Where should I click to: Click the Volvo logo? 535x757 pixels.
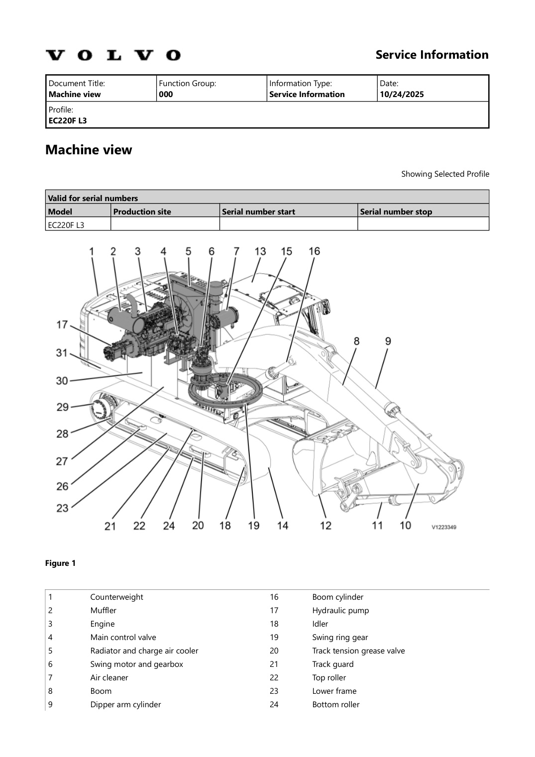coord(113,55)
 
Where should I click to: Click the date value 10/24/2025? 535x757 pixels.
coord(402,95)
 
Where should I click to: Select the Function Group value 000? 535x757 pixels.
coord(166,95)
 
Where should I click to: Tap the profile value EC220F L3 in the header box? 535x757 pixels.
coord(68,120)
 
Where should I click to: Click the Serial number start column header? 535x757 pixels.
coord(258,212)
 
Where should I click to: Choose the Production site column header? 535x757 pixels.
coord(142,212)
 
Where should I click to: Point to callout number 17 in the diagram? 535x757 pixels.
coord(62,325)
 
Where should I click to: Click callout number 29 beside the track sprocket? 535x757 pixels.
coord(62,407)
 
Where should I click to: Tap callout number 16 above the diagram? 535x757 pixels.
coord(314,251)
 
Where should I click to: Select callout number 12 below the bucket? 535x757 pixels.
coord(325,526)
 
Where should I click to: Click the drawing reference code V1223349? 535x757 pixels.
coord(443,527)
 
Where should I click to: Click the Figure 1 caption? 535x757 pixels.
coord(60,563)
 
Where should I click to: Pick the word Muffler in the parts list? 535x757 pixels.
coord(103,610)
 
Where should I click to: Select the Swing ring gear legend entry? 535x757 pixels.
coord(340,637)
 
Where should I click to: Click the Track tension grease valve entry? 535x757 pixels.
coord(358,650)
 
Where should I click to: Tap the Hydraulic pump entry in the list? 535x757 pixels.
coord(340,610)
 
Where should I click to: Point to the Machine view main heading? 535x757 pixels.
coord(89,150)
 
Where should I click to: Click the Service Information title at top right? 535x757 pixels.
coord(431,55)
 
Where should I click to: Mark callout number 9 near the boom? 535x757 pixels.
coord(388,341)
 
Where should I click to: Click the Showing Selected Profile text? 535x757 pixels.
coord(445,174)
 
